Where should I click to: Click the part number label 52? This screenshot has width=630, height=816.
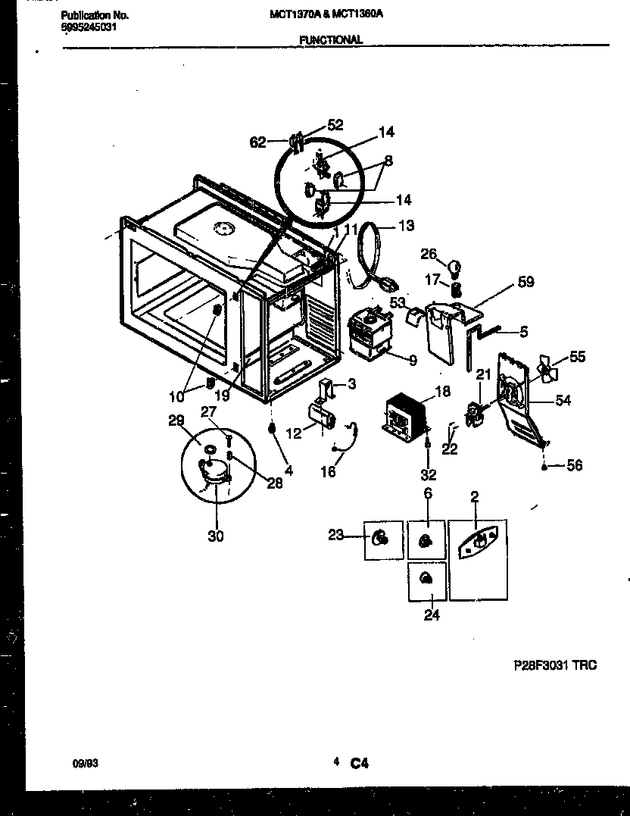coord(335,126)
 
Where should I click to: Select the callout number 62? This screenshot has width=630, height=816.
coord(258,142)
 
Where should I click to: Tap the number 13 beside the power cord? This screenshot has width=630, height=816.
coord(407,225)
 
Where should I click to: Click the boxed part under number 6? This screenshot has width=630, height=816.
coord(426,540)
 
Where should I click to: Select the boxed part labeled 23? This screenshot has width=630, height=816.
coord(382,539)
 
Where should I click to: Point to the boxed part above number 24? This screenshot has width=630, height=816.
coord(426,580)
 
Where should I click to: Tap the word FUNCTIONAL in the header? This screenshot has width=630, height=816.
coord(330,40)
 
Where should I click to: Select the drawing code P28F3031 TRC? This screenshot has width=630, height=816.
coord(555,665)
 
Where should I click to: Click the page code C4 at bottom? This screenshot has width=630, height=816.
coord(359,764)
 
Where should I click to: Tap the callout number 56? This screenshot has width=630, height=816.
coord(575,466)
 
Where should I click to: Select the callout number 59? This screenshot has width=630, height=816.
coord(526,282)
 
